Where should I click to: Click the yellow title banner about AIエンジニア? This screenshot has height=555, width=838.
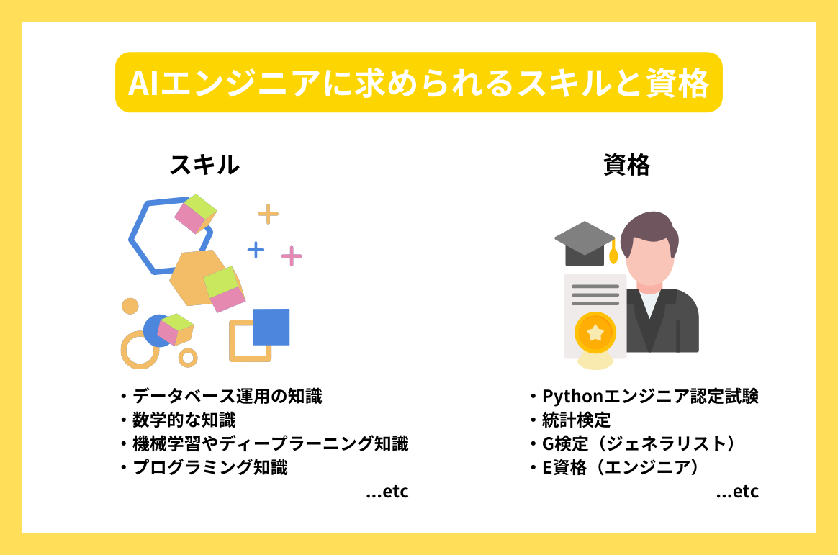coord(418,83)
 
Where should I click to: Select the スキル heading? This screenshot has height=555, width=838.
coord(204,166)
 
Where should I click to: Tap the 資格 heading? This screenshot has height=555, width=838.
coord(626,166)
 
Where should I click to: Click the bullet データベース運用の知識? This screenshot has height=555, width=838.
coord(227,396)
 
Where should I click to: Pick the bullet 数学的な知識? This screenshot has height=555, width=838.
coord(184,420)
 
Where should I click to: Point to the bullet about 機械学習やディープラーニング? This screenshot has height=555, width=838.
coord(270,443)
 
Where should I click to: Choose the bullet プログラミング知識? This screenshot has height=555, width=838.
coord(209,468)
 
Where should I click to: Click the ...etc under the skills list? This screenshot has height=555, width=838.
coord(387,492)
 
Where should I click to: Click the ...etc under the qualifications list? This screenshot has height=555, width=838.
coord(738,492)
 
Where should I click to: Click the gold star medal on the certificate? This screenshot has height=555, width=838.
coord(595,333)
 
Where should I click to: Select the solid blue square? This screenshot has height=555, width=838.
coord(271,327)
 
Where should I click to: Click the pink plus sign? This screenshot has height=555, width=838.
coord(291,256)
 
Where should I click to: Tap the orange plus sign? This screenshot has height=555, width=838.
coord(268,214)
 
